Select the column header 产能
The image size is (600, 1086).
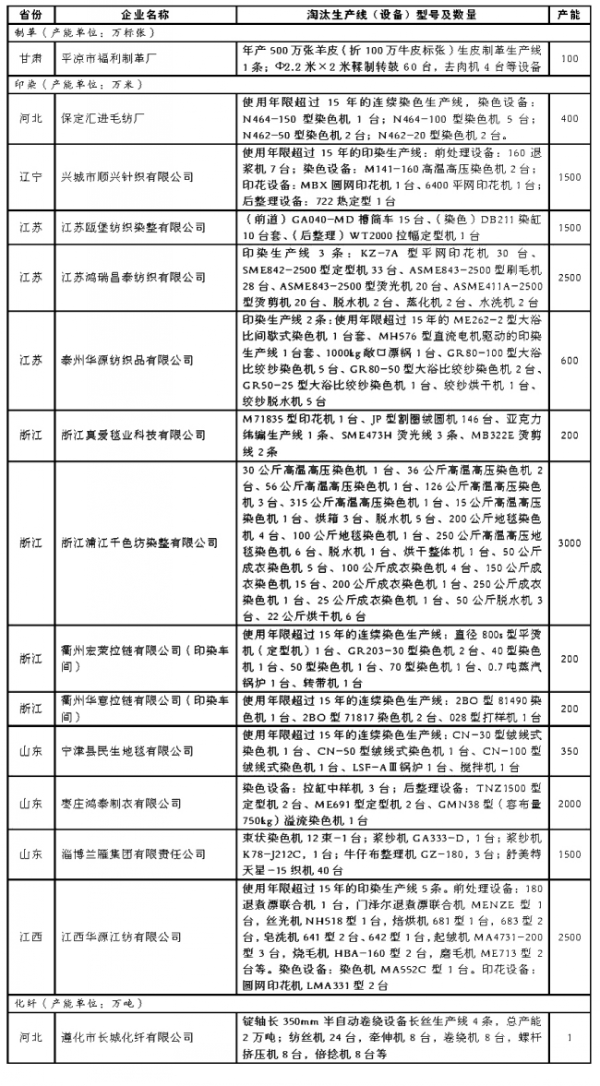pyautogui.click(x=569, y=16)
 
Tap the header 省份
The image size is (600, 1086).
pyautogui.click(x=30, y=16)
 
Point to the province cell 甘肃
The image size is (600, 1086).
pyautogui.click(x=30, y=58)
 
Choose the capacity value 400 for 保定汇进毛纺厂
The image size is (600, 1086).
pyautogui.click(x=569, y=118)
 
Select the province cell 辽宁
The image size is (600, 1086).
pyautogui.click(x=30, y=176)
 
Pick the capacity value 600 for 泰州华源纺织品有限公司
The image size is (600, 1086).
pyautogui.click(x=569, y=361)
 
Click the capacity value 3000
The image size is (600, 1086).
pyautogui.click(x=569, y=543)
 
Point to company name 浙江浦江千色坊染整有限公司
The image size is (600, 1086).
pyautogui.click(x=138, y=543)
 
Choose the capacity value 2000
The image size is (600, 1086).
pyautogui.click(x=569, y=805)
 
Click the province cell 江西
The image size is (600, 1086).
pyautogui.click(x=30, y=937)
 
